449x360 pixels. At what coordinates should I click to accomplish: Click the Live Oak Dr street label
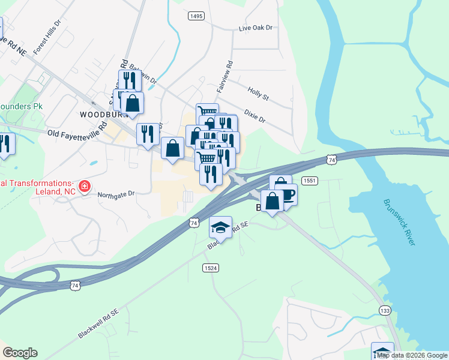coord(255,28)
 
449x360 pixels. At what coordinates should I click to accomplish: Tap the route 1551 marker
coord(310,180)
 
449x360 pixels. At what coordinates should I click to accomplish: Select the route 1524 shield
coord(209,268)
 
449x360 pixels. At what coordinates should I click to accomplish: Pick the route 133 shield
coord(385,310)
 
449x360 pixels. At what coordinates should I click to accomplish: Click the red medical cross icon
coord(85,186)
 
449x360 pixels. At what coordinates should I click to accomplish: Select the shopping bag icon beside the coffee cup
coord(272,201)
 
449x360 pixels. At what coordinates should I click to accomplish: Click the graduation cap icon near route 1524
coord(220,227)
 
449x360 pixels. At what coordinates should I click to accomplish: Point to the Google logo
coord(20,353)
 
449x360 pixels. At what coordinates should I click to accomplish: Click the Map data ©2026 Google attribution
coord(412,356)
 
